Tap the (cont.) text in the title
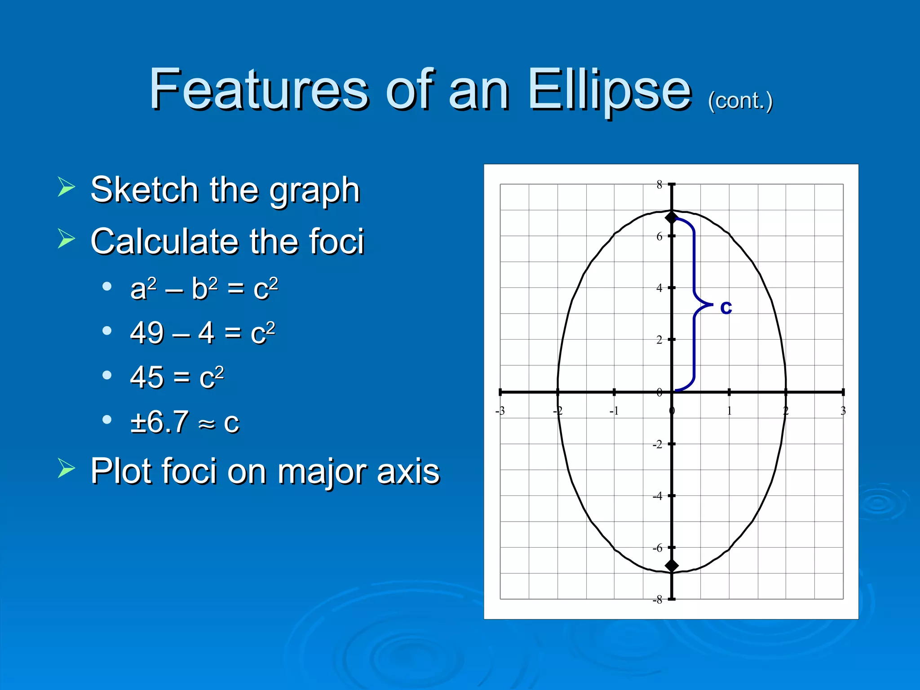click(x=740, y=101)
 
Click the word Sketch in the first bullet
click(x=144, y=190)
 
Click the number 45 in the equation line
click(x=146, y=377)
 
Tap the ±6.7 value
click(x=159, y=422)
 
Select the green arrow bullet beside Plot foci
click(x=66, y=468)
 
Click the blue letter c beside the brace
click(x=726, y=307)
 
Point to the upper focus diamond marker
click(x=672, y=218)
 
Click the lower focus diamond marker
click(x=672, y=566)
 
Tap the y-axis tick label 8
click(x=659, y=185)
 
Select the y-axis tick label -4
click(x=657, y=496)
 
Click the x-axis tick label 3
click(x=843, y=411)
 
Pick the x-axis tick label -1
click(x=614, y=411)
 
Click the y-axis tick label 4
click(x=659, y=288)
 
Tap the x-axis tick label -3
click(x=500, y=411)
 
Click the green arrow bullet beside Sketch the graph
click(x=66, y=187)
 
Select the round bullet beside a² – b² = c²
click(x=107, y=287)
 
